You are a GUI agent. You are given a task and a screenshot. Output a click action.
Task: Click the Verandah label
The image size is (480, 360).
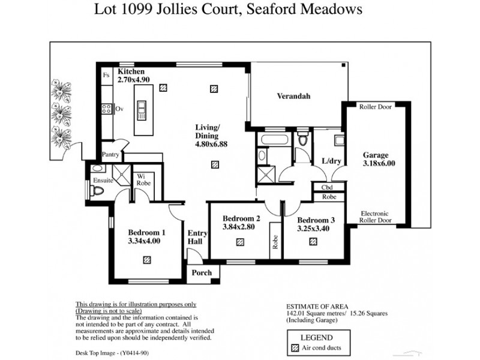[293, 96]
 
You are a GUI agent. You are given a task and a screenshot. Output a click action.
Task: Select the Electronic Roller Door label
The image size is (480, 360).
[375, 217]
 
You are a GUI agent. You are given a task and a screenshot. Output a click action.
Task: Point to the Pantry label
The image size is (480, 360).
[110, 155]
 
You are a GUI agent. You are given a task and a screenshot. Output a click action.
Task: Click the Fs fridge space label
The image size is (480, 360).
[106, 76]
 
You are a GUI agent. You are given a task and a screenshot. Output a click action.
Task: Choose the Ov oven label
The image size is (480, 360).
[119, 109]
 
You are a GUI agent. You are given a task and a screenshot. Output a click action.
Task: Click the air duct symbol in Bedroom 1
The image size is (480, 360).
[147, 260]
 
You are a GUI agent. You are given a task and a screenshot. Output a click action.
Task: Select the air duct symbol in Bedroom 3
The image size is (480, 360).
[313, 242]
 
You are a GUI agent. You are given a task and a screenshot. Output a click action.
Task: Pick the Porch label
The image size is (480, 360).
[202, 273]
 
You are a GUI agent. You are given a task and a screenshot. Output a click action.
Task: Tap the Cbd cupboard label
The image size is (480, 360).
[328, 187]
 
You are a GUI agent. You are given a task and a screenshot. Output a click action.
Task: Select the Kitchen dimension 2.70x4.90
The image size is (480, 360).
[133, 79]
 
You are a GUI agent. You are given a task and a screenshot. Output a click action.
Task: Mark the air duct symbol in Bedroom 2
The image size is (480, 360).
[239, 242]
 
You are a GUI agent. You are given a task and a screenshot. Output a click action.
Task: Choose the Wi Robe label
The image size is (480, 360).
[143, 179]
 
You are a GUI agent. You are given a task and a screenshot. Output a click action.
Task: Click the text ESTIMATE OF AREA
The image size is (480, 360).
[317, 306]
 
